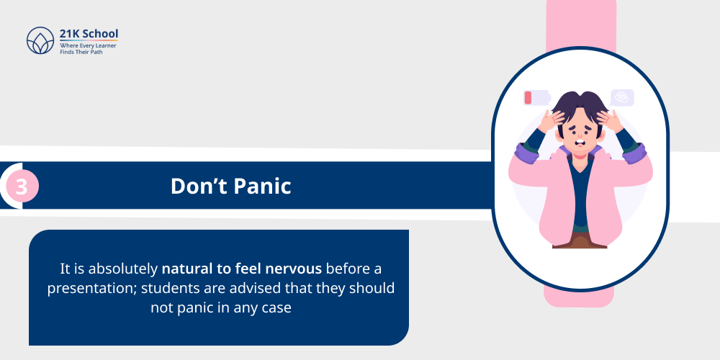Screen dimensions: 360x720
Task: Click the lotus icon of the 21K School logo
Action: click(x=40, y=40)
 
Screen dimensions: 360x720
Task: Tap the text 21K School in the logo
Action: click(x=89, y=33)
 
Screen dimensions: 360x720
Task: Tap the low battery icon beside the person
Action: click(x=536, y=98)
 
